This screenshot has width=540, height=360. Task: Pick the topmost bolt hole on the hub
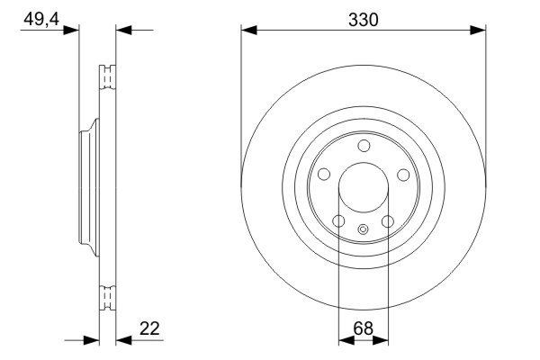pyautogui.click(x=364, y=146)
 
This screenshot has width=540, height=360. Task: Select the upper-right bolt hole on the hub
pyautogui.click(x=403, y=174)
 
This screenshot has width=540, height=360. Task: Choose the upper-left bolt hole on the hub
pyautogui.click(x=324, y=174)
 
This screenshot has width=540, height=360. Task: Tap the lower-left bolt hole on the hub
pyautogui.click(x=339, y=221)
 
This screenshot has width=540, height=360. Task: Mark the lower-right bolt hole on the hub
pyautogui.click(x=388, y=221)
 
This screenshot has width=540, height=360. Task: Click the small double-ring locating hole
pyautogui.click(x=364, y=229)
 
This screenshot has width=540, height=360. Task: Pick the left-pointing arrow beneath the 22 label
pyautogui.click(x=124, y=340)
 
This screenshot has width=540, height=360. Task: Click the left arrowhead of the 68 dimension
pyautogui.click(x=345, y=340)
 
